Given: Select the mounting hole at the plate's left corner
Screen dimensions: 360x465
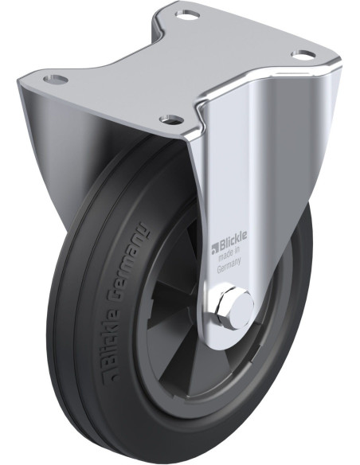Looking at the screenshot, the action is coord(55,79).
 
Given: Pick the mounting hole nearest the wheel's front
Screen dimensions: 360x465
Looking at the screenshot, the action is coord(171,119).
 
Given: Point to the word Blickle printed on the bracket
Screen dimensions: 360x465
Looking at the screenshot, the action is coord(233,244).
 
